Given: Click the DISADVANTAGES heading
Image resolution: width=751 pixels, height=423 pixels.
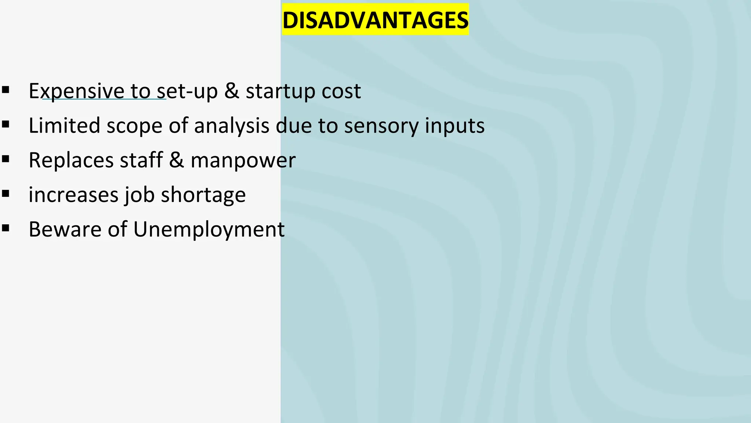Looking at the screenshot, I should click(x=375, y=20).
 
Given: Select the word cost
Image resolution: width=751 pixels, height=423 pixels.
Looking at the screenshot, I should click(x=341, y=91).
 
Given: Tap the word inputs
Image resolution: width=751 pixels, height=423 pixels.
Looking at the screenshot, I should click(x=455, y=126).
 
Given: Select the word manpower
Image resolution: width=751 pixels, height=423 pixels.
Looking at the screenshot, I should click(x=243, y=160).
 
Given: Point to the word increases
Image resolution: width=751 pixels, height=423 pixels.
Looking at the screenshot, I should click(x=73, y=195).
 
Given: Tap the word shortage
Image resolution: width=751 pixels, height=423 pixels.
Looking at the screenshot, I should click(x=203, y=195).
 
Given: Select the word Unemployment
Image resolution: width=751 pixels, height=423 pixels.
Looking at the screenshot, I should click(x=209, y=229).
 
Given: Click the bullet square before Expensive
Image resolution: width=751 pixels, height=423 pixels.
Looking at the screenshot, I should click(x=6, y=90).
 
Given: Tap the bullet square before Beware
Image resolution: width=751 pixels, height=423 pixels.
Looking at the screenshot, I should click(x=6, y=228).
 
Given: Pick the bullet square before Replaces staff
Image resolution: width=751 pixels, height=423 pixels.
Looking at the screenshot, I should click(x=6, y=159).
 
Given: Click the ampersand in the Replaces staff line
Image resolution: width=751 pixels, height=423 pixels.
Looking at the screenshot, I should click(x=176, y=160).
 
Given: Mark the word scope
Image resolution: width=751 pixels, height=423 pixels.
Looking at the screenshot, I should click(x=134, y=126).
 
